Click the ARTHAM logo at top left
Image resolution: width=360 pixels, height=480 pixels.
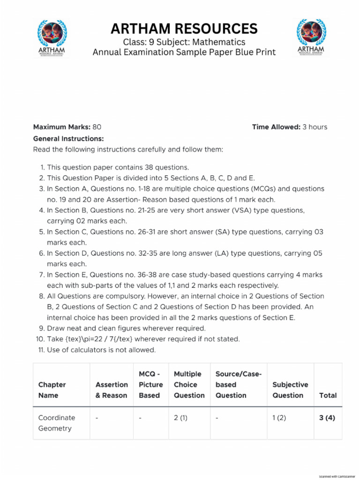52,38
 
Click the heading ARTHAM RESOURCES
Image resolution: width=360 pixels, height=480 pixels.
184,29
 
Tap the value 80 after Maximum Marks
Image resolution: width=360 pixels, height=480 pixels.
97,127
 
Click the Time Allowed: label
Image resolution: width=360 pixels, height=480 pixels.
276,127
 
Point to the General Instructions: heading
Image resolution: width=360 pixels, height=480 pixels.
68,139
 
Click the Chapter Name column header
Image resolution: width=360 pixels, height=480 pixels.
52,390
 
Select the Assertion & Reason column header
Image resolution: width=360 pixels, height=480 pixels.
112,390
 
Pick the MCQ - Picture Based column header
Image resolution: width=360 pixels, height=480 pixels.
151,384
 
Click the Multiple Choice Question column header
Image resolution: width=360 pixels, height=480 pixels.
189,384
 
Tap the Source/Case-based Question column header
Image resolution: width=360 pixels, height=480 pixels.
238,384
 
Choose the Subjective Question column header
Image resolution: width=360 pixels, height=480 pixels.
290,390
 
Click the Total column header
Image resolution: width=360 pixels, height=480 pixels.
328,395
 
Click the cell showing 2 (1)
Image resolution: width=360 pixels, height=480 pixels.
180,418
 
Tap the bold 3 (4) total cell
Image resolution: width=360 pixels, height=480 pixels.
328,418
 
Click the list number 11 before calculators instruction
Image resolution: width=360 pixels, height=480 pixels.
40,350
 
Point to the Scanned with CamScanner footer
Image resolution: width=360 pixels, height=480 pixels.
336,476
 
